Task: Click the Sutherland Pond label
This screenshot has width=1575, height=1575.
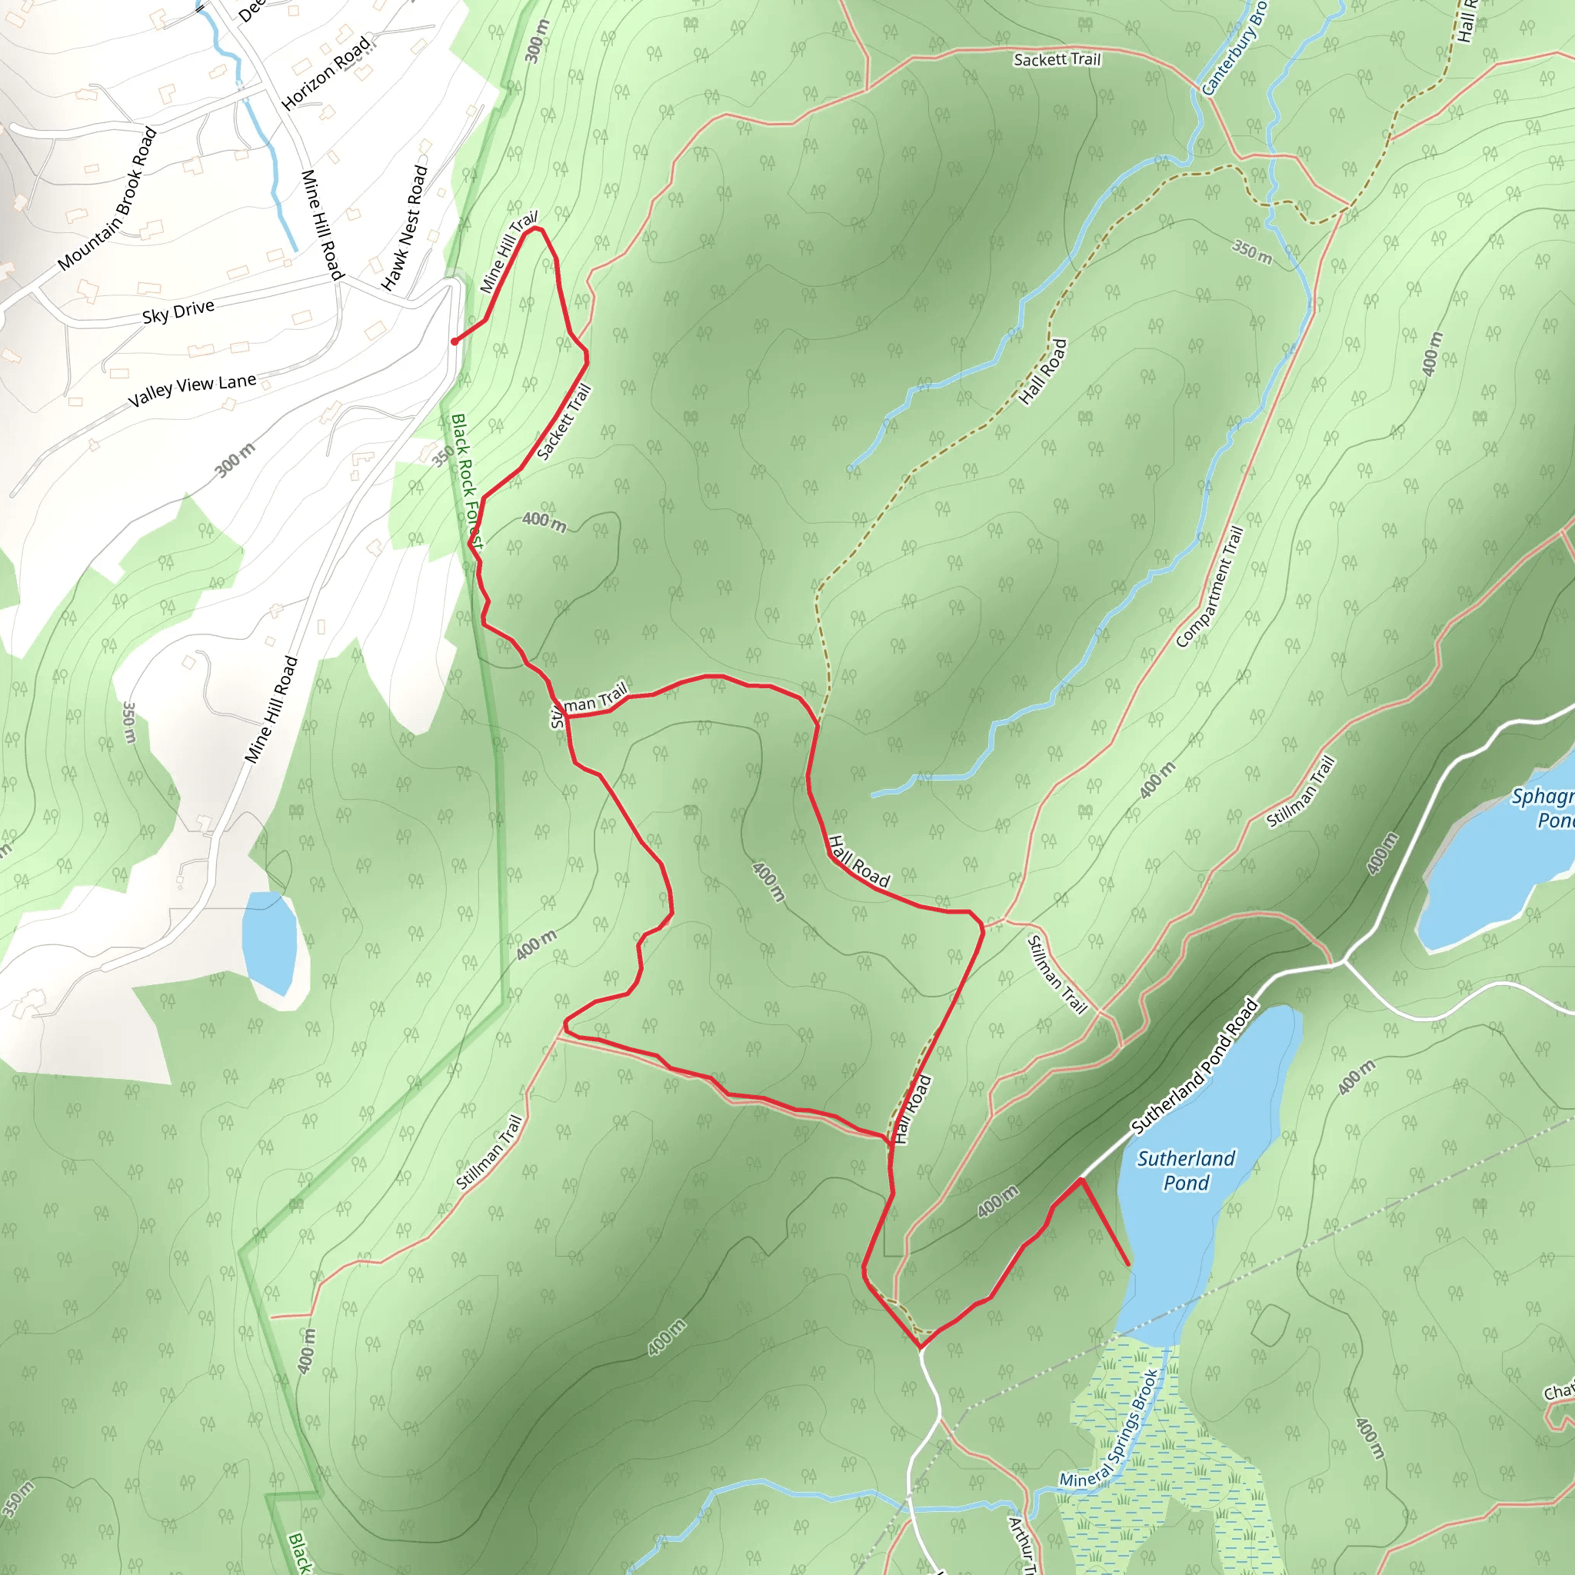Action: click(x=1185, y=1170)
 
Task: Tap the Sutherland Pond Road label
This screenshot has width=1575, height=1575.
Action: click(x=1195, y=1065)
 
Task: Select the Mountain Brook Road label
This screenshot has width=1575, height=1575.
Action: click(x=108, y=199)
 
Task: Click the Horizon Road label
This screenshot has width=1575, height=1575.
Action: click(x=325, y=73)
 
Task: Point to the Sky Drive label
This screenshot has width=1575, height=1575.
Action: click(x=178, y=311)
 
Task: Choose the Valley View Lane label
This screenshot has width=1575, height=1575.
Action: click(x=192, y=390)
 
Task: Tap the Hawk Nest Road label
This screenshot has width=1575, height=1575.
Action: click(x=405, y=228)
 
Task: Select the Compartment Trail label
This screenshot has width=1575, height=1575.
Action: click(x=1210, y=586)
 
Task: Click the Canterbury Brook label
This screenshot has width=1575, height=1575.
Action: click(x=1234, y=49)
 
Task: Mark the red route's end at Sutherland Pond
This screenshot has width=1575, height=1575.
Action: click(x=1128, y=1264)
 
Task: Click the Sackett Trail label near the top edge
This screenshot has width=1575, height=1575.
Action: click(x=1057, y=59)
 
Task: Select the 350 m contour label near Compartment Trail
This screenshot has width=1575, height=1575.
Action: click(x=1251, y=252)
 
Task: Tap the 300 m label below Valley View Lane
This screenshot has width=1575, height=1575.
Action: click(x=235, y=461)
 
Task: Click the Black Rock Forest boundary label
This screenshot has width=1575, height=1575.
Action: click(x=467, y=481)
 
